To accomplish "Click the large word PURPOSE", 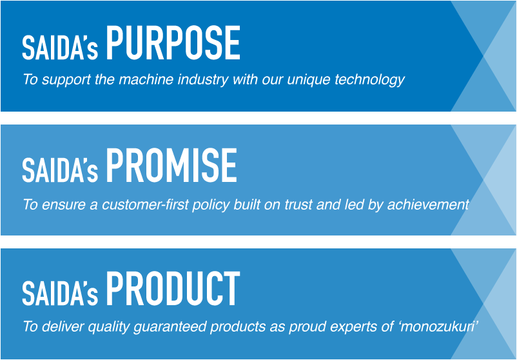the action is (173, 43).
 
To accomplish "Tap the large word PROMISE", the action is (171, 165).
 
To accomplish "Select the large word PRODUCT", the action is (173, 289).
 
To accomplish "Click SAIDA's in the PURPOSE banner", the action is (60, 48).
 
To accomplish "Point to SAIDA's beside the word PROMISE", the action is (60, 170).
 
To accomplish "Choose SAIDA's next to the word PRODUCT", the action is (60, 294).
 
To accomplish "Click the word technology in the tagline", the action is (369, 80).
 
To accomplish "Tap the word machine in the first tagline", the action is (146, 79).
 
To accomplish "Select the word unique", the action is (309, 81).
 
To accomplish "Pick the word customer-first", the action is (146, 205).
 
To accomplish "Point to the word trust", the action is (298, 205).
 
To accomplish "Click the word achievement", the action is (428, 205).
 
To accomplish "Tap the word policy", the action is (211, 206).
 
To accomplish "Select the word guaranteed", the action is (170, 327).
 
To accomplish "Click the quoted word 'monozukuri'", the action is (438, 326).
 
